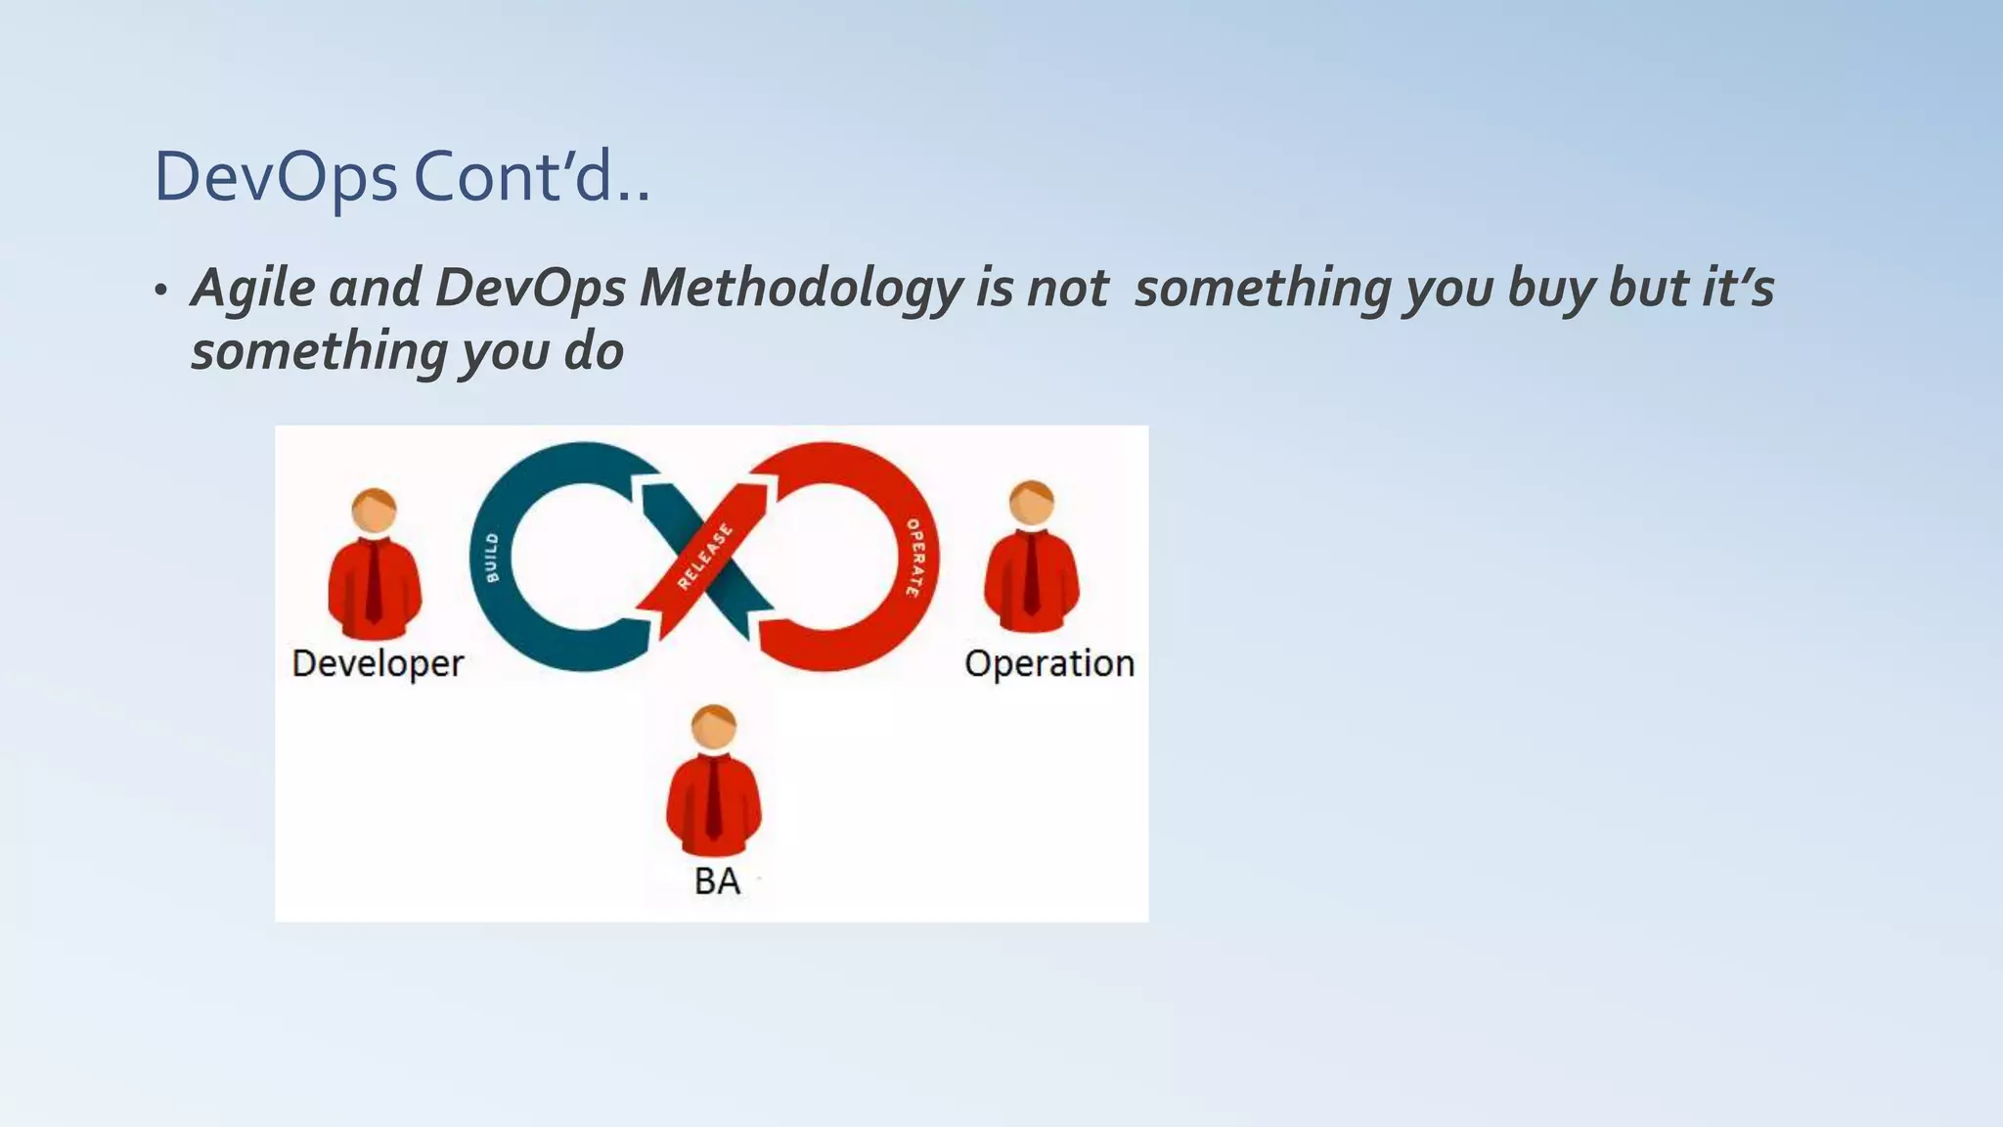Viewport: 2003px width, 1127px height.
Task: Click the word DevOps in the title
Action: [x=276, y=178]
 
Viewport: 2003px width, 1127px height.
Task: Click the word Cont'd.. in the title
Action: [x=531, y=178]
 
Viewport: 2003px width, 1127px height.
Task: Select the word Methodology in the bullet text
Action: [x=801, y=289]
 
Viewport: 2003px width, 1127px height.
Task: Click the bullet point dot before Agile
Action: [x=160, y=291]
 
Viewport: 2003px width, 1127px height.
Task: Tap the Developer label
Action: [x=378, y=663]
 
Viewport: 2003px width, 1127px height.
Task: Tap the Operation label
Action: [x=1048, y=663]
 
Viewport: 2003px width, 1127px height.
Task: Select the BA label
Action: [x=717, y=881]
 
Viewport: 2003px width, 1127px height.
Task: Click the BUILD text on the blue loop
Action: [x=492, y=558]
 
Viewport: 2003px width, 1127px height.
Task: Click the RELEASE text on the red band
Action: [x=705, y=557]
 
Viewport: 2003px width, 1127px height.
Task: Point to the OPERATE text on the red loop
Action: [x=913, y=558]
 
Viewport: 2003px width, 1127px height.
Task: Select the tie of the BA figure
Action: [x=714, y=796]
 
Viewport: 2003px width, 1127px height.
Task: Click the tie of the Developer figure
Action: [x=374, y=581]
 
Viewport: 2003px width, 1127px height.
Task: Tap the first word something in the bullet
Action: [x=1262, y=289]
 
